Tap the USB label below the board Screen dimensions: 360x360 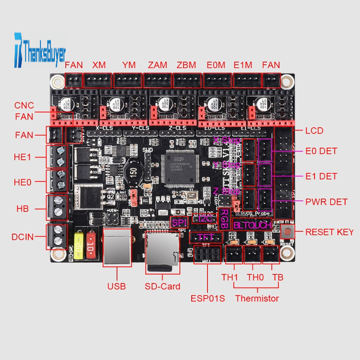pyautogui.click(x=117, y=286)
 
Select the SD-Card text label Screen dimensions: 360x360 pyautogui.click(x=162, y=286)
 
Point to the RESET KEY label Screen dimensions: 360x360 pyautogui.click(x=329, y=232)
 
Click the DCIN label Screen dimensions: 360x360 pyautogui.click(x=23, y=237)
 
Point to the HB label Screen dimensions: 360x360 pyautogui.click(x=22, y=209)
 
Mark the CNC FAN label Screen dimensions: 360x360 pyautogui.click(x=24, y=111)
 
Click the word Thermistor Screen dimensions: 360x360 pyautogui.click(x=257, y=298)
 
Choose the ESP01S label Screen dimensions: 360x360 pyautogui.click(x=207, y=298)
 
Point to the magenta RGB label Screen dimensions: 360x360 pyautogui.click(x=223, y=219)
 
